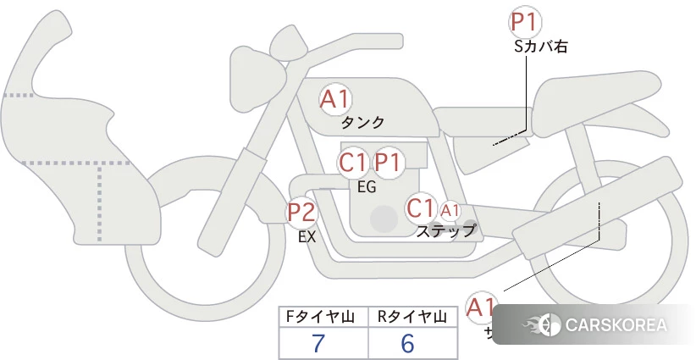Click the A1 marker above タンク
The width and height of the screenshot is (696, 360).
pos(335,99)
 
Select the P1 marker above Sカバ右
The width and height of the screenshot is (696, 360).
pos(525,23)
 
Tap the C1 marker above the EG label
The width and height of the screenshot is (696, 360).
pos(352,162)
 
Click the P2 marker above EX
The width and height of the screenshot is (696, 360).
pos(301,212)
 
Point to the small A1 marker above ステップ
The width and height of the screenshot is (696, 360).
pos(450,210)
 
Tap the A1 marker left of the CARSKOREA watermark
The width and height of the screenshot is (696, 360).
pos(482,307)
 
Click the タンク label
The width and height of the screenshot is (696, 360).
pos(362,123)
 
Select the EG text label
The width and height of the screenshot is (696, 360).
pos(367,187)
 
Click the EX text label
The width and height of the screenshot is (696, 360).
pos(307,238)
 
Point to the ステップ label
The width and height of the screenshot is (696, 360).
pos(445,230)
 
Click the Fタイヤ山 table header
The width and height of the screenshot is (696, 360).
pos(323,318)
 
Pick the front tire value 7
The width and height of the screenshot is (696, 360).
pos(318,343)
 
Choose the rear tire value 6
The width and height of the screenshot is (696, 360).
pos(407,343)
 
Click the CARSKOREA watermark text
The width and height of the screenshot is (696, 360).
pos(616,325)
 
